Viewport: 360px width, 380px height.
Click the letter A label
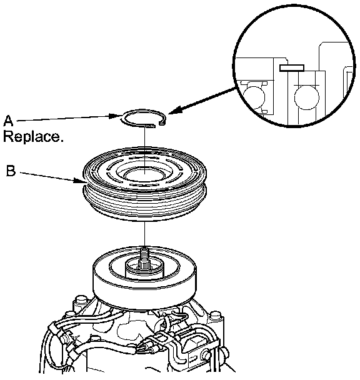(x=8, y=121)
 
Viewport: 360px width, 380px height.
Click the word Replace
(x=33, y=136)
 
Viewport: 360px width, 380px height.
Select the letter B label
(x=11, y=171)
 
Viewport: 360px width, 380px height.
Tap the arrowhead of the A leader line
(x=115, y=116)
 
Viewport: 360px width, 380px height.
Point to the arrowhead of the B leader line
(x=80, y=180)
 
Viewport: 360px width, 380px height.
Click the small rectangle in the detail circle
(x=292, y=68)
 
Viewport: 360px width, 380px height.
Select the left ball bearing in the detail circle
(x=254, y=97)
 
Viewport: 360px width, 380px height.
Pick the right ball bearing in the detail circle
(x=306, y=97)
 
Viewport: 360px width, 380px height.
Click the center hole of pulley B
(x=144, y=175)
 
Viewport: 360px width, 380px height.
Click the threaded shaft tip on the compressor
(x=144, y=252)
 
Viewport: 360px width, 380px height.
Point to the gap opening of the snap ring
(x=157, y=124)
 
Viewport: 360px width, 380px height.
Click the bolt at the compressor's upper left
(x=80, y=301)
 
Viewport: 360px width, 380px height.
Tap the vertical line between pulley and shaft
(x=144, y=234)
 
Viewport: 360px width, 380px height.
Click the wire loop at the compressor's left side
(x=52, y=351)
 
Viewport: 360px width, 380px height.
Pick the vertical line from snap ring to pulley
(x=144, y=149)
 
